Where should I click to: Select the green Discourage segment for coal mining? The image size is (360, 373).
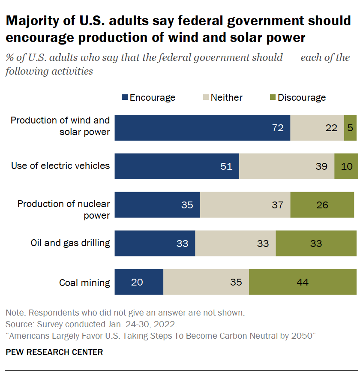pos(303,282)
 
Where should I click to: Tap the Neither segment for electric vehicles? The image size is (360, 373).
pos(286,166)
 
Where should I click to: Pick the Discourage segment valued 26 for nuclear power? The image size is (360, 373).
pos(322,205)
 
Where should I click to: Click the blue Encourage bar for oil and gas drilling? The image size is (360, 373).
pos(155,244)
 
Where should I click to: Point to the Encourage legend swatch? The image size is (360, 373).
pos(125,98)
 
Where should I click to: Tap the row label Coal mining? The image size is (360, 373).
pos(84,283)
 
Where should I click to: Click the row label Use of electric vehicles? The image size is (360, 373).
pos(60,166)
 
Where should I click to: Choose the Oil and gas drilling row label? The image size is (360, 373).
pos(70,243)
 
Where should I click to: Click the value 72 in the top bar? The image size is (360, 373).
pos(278,128)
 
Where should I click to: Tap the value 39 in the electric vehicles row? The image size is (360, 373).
pos(321,166)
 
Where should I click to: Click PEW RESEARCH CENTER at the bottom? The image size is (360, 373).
pos(54,352)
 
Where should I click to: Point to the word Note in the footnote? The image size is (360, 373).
pos(15,312)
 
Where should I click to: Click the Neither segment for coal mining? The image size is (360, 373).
pos(206,282)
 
